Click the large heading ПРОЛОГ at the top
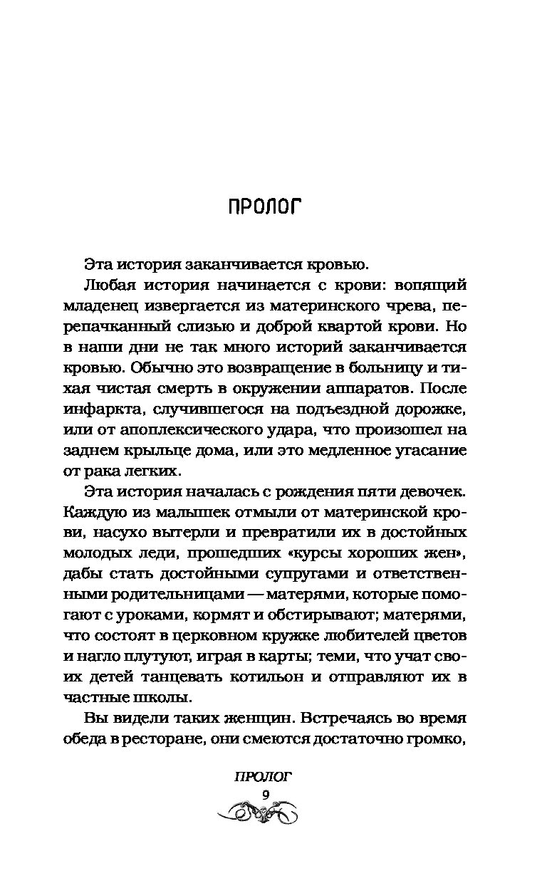[x=264, y=207]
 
